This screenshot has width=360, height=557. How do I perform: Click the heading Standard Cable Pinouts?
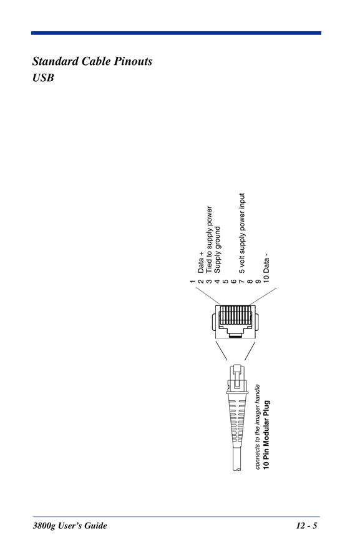tap(92, 61)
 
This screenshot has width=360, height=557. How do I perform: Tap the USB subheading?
tap(43, 77)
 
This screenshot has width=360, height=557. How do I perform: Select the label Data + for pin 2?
tap(201, 262)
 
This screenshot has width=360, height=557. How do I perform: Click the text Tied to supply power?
tap(209, 240)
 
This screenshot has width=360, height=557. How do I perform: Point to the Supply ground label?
tap(217, 250)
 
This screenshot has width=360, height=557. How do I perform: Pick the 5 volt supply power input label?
tap(242, 234)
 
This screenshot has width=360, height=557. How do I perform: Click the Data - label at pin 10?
tap(266, 264)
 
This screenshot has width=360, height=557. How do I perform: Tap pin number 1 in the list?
tap(192, 282)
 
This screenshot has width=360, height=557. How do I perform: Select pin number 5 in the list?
tap(225, 282)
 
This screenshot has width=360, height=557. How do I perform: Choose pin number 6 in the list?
tap(233, 282)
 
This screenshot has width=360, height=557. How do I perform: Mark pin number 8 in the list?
tap(250, 282)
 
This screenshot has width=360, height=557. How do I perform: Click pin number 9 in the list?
tap(258, 282)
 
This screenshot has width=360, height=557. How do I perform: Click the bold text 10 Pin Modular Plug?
tap(266, 435)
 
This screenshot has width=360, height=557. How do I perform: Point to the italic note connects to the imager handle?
tap(258, 427)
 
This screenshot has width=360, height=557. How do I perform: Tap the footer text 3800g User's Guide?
tap(70, 526)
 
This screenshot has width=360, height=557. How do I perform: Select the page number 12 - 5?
tap(306, 526)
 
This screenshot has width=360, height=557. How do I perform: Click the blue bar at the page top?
tap(176, 33)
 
